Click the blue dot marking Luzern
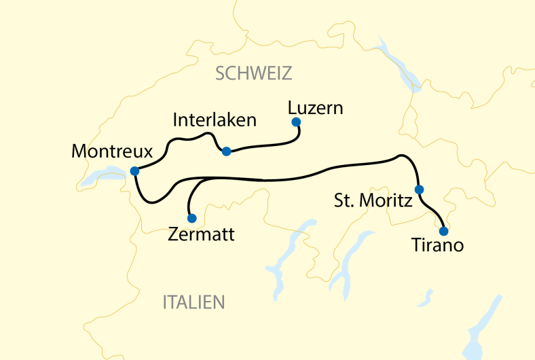coord(295,122)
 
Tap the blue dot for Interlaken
coord(226,151)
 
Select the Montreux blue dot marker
coord(134,171)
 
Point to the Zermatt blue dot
coord(191,218)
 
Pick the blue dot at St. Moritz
coord(419,190)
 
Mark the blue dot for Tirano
coord(443,230)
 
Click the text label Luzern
coord(315,107)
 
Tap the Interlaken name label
coord(215,120)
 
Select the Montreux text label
coord(111,151)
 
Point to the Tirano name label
coord(438,246)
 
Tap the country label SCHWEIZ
coord(253,73)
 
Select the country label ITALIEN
coord(193,302)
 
